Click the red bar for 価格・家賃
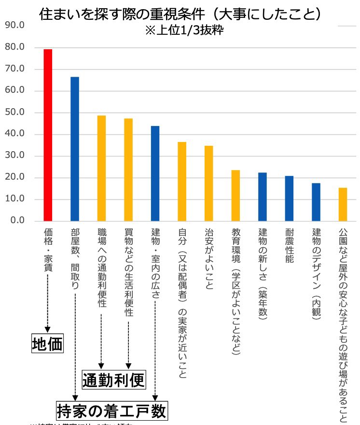(48, 135)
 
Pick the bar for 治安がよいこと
(208, 184)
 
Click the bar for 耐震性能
(289, 198)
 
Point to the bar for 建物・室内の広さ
(155, 173)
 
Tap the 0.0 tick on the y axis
(17, 221)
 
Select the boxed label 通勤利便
(113, 380)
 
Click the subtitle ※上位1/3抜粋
(183, 30)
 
